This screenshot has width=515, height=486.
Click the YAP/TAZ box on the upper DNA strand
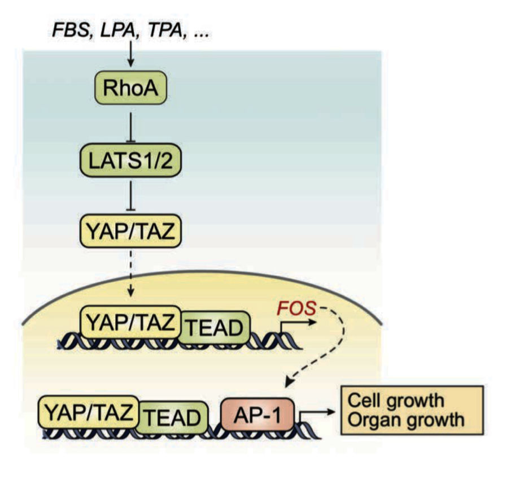coord(131,321)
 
